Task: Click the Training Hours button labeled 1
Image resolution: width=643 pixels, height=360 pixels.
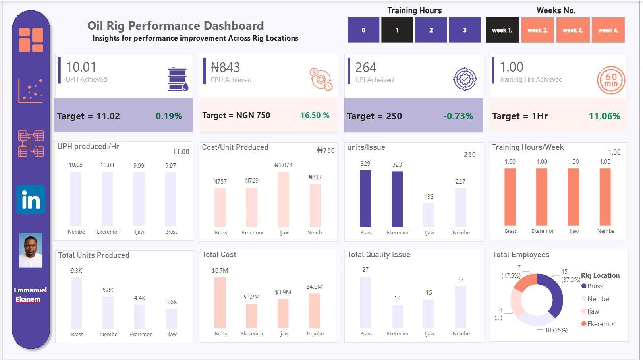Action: pyautogui.click(x=397, y=30)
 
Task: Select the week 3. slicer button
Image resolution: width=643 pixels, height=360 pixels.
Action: pyautogui.click(x=573, y=30)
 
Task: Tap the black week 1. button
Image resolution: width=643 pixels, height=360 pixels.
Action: pyautogui.click(x=502, y=30)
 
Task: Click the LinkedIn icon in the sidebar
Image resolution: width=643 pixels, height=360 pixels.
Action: pyautogui.click(x=31, y=199)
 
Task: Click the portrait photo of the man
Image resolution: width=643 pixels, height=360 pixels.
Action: pyautogui.click(x=31, y=250)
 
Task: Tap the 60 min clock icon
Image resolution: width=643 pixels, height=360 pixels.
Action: pyautogui.click(x=611, y=80)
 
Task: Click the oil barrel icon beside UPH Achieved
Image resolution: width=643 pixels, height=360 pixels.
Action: pyautogui.click(x=178, y=79)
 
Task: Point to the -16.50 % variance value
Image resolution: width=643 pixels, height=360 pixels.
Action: pyautogui.click(x=313, y=115)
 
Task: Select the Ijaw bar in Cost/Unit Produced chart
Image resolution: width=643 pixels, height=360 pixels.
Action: pyautogui.click(x=284, y=199)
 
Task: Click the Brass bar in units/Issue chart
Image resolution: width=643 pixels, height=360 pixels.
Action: pyautogui.click(x=365, y=199)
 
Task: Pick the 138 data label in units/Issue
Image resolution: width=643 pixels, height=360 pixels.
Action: pyautogui.click(x=429, y=197)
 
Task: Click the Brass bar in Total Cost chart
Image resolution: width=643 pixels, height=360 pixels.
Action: pyautogui.click(x=220, y=302)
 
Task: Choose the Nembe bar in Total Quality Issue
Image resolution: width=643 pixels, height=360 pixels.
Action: pyautogui.click(x=460, y=307)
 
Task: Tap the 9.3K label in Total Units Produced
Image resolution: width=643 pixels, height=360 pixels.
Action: pyautogui.click(x=76, y=271)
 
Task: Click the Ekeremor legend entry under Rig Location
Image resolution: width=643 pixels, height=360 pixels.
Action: pyautogui.click(x=601, y=324)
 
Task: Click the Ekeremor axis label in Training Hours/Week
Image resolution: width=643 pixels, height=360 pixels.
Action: pyautogui.click(x=542, y=231)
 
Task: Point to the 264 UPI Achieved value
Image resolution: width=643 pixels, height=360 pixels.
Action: pyautogui.click(x=366, y=68)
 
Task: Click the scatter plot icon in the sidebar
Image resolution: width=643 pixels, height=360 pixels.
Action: pyautogui.click(x=31, y=91)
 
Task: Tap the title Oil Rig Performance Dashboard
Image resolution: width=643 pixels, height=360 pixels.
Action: pyautogui.click(x=176, y=26)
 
